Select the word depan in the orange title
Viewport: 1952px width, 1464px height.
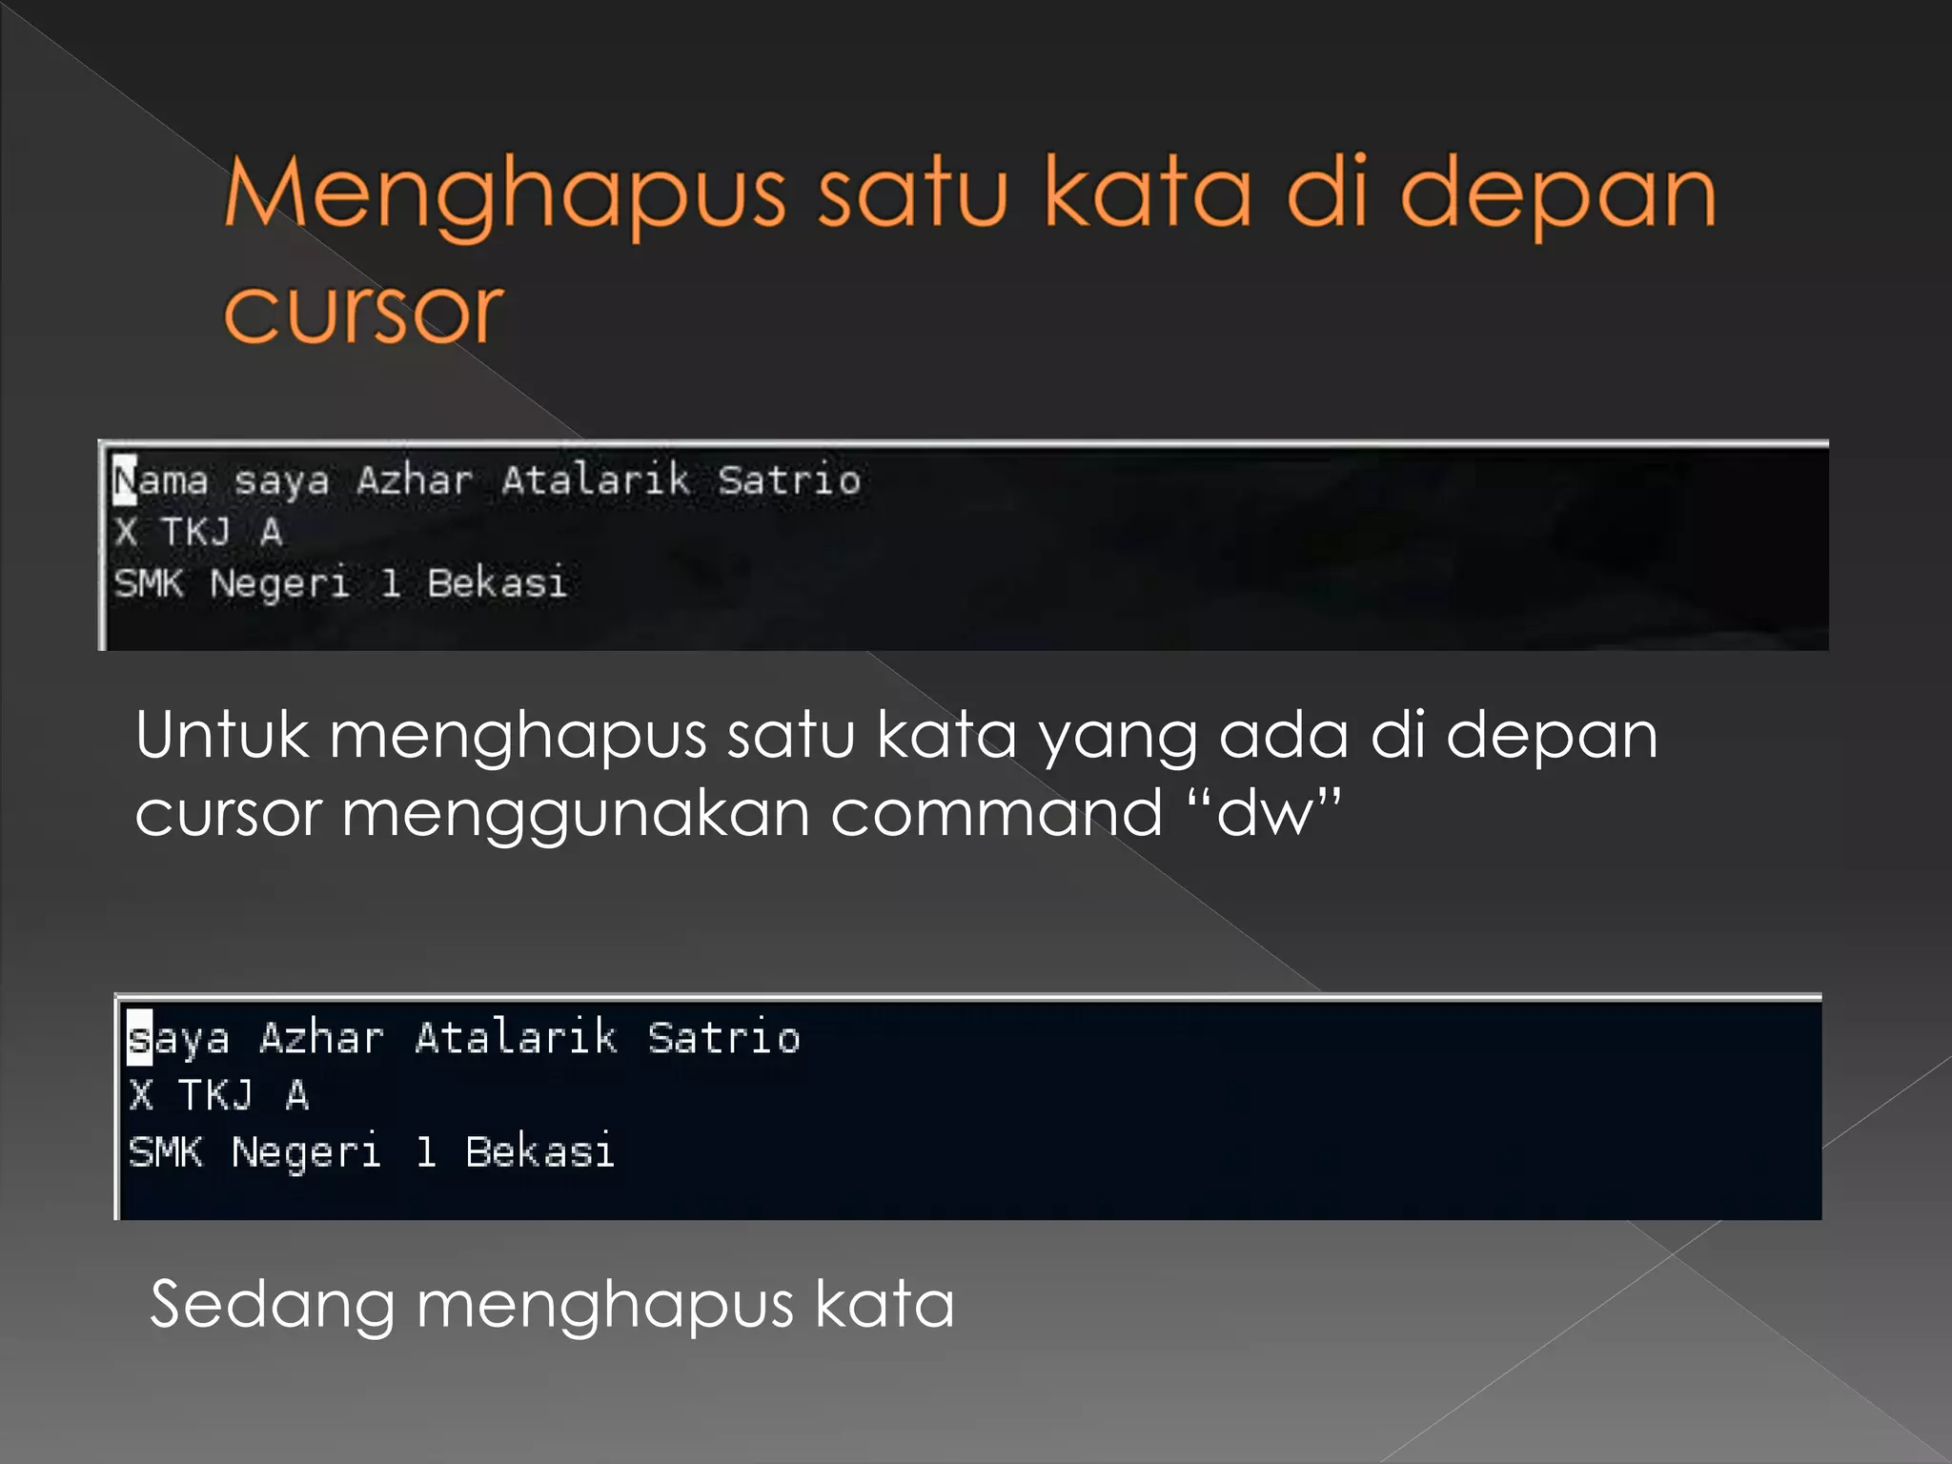pos(1557,195)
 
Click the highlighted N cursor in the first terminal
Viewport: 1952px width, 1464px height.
pos(125,480)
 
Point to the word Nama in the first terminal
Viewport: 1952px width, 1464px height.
pos(160,480)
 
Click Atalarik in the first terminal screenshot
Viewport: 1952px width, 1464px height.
pos(595,480)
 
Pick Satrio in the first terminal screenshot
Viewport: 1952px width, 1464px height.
pos(789,480)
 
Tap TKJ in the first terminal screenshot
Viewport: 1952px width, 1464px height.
pos(196,532)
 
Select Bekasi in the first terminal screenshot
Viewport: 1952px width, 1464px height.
pos(497,583)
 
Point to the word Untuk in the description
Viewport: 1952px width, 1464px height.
pos(222,736)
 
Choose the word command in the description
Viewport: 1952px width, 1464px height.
pos(996,813)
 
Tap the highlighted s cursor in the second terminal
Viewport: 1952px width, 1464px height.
pos(139,1038)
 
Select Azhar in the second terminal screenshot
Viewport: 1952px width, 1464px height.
pos(321,1038)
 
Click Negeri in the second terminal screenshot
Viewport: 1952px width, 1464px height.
pos(306,1152)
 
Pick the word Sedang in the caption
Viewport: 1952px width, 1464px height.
pos(273,1306)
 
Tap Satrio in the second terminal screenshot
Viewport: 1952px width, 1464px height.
pos(723,1038)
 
